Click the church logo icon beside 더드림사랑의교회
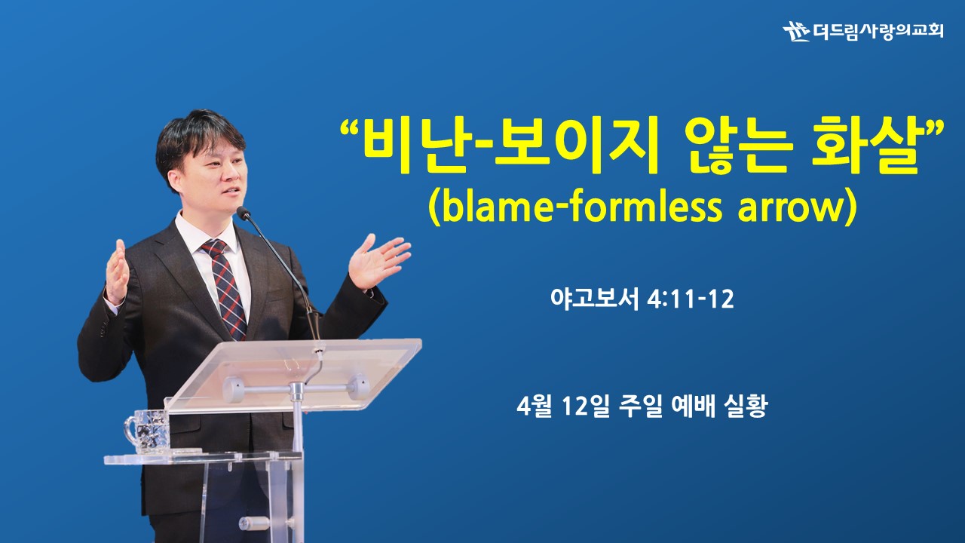pyautogui.click(x=796, y=31)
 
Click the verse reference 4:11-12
pyautogui.click(x=691, y=299)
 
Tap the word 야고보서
pyautogui.click(x=595, y=299)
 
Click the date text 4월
pyautogui.click(x=535, y=406)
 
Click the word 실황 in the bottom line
pyautogui.click(x=746, y=406)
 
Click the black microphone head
pyautogui.click(x=244, y=213)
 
